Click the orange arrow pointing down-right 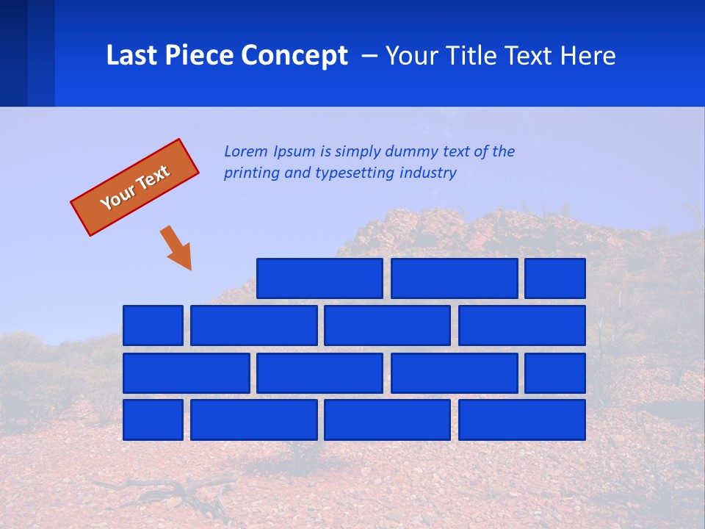pos(178,248)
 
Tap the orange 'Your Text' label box pos(135,187)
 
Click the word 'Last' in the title pos(129,56)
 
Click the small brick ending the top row pos(555,278)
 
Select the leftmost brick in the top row pos(320,278)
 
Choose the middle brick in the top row pos(455,278)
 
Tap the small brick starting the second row pos(153,325)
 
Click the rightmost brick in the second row pos(522,325)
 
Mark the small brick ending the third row pos(555,373)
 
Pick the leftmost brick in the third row pos(187,373)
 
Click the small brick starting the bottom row pos(153,420)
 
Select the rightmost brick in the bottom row pos(522,420)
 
